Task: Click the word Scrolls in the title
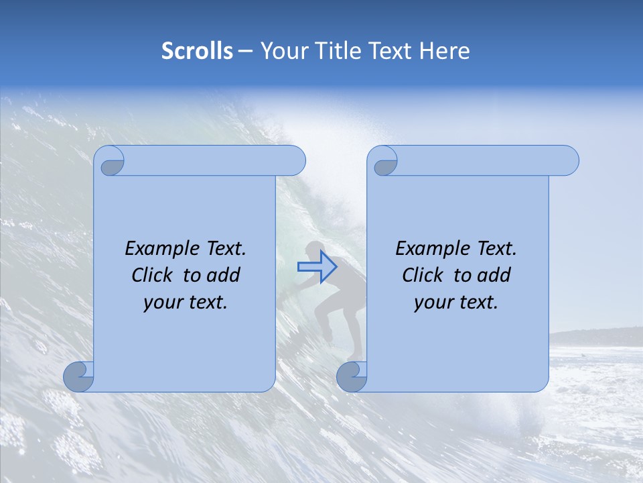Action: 197,51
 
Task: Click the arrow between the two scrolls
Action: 317,267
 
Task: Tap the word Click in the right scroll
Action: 422,275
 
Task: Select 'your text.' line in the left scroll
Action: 186,303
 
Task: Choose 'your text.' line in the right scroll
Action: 456,303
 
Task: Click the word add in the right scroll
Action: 496,275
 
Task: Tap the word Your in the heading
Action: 280,51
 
